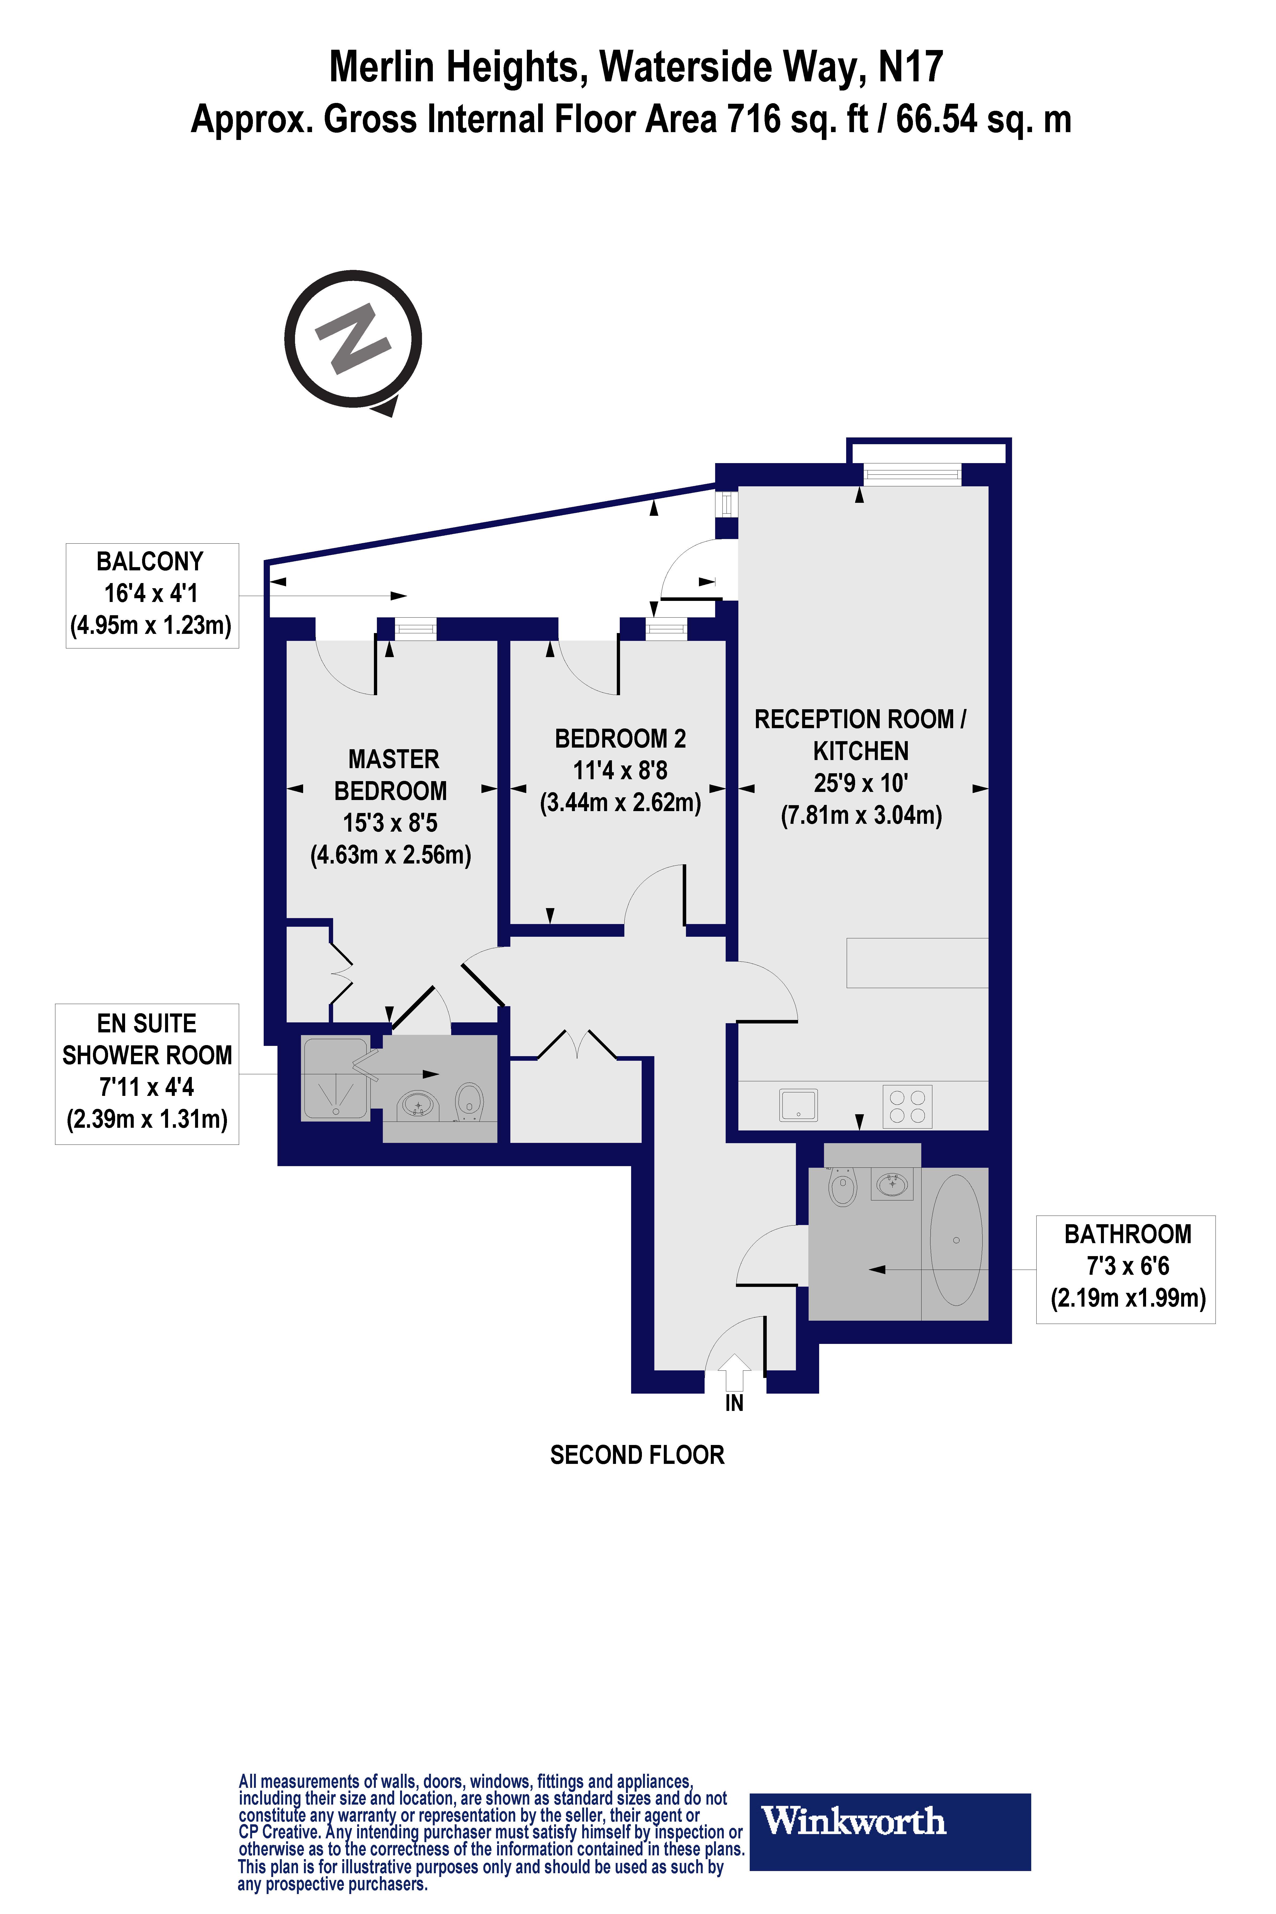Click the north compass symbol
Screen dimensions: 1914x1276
point(353,340)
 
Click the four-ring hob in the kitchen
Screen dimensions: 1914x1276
point(907,1106)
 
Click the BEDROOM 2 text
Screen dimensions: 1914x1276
point(620,739)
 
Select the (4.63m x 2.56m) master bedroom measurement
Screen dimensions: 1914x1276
point(391,854)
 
